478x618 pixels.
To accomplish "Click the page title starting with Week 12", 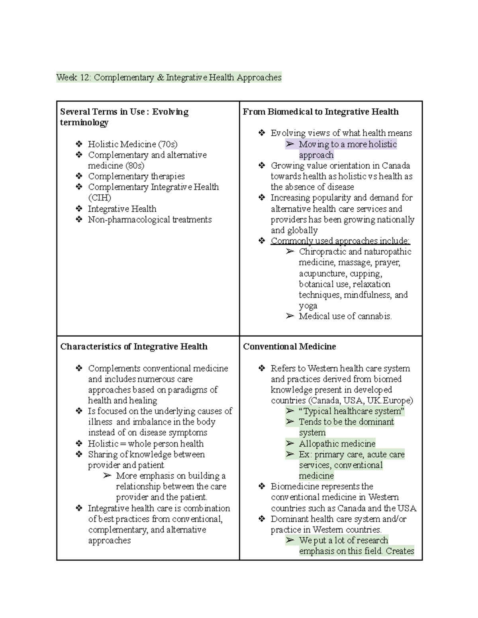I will click(x=169, y=77).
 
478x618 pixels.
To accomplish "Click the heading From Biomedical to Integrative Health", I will click(x=321, y=112).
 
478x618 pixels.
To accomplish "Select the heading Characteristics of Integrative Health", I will click(x=134, y=347).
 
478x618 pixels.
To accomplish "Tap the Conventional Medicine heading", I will click(x=289, y=347).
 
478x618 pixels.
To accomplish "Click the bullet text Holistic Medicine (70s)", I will click(x=133, y=144).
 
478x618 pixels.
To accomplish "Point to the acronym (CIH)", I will click(x=100, y=198).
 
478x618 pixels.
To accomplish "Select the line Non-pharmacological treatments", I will click(x=150, y=220).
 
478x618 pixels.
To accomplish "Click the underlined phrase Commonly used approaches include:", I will click(x=340, y=241).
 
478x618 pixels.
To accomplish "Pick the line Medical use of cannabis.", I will click(x=345, y=316).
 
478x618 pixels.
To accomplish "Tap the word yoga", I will click(x=308, y=306).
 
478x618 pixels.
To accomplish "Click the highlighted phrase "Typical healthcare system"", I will click(x=351, y=411).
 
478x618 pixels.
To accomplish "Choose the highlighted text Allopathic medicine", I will click(x=337, y=444).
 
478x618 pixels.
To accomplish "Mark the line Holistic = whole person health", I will click(x=146, y=444).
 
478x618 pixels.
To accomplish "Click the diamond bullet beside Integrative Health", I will click(x=79, y=209).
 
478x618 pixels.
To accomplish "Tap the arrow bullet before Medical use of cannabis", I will click(x=290, y=316).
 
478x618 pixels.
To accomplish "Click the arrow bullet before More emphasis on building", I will click(x=107, y=476).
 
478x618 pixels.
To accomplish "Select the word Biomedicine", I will click(x=295, y=486).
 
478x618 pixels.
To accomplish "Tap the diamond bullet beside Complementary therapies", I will click(x=79, y=176).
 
